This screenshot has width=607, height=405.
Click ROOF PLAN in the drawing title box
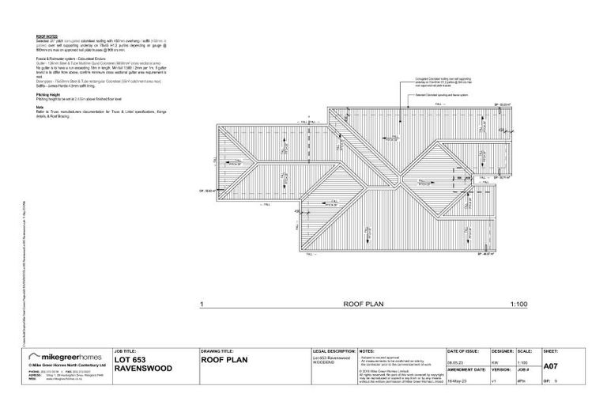(225, 360)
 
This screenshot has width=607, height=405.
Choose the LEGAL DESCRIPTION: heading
(334, 349)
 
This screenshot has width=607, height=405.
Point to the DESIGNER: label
(503, 349)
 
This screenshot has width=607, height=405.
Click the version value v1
(495, 380)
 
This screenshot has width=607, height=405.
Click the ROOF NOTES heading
(47, 36)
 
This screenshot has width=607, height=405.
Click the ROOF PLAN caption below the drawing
(363, 303)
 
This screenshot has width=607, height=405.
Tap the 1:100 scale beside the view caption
(518, 303)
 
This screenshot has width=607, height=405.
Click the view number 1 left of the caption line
(202, 303)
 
